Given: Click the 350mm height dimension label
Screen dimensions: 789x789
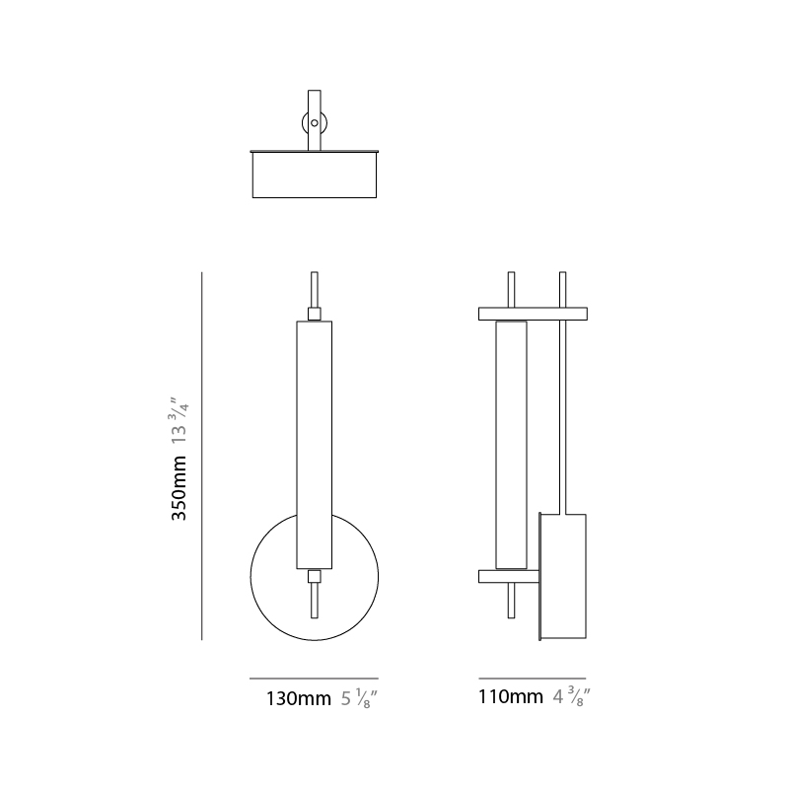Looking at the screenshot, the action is tap(179, 487).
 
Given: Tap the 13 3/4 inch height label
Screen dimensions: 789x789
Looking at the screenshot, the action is tap(179, 420).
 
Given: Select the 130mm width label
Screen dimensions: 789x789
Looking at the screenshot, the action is tap(299, 699).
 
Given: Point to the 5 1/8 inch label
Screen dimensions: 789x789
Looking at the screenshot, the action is tap(359, 699).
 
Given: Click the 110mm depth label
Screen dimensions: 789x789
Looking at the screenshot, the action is tap(511, 697).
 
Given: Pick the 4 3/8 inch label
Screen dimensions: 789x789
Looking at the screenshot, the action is tap(572, 697).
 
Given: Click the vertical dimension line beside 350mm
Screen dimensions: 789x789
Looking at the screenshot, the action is tap(202, 456).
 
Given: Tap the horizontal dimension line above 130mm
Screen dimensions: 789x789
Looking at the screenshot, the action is tap(314, 679).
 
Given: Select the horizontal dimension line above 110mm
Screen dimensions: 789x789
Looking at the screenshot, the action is tap(533, 679).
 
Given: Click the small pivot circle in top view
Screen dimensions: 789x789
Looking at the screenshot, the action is tap(315, 122).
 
